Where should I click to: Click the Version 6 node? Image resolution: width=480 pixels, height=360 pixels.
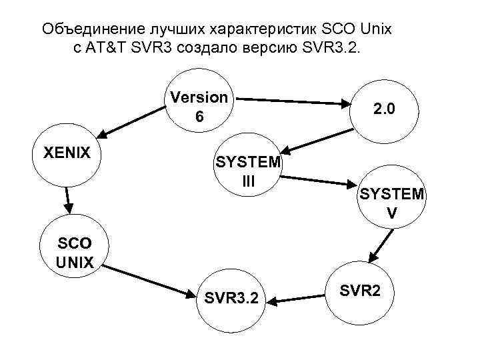198,107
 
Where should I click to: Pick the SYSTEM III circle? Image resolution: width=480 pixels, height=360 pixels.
247,172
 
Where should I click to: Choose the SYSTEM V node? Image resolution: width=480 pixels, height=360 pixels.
391,203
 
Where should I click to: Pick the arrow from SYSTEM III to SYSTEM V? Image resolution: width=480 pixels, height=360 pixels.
321,181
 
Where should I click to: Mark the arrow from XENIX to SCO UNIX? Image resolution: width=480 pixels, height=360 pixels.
67,201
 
